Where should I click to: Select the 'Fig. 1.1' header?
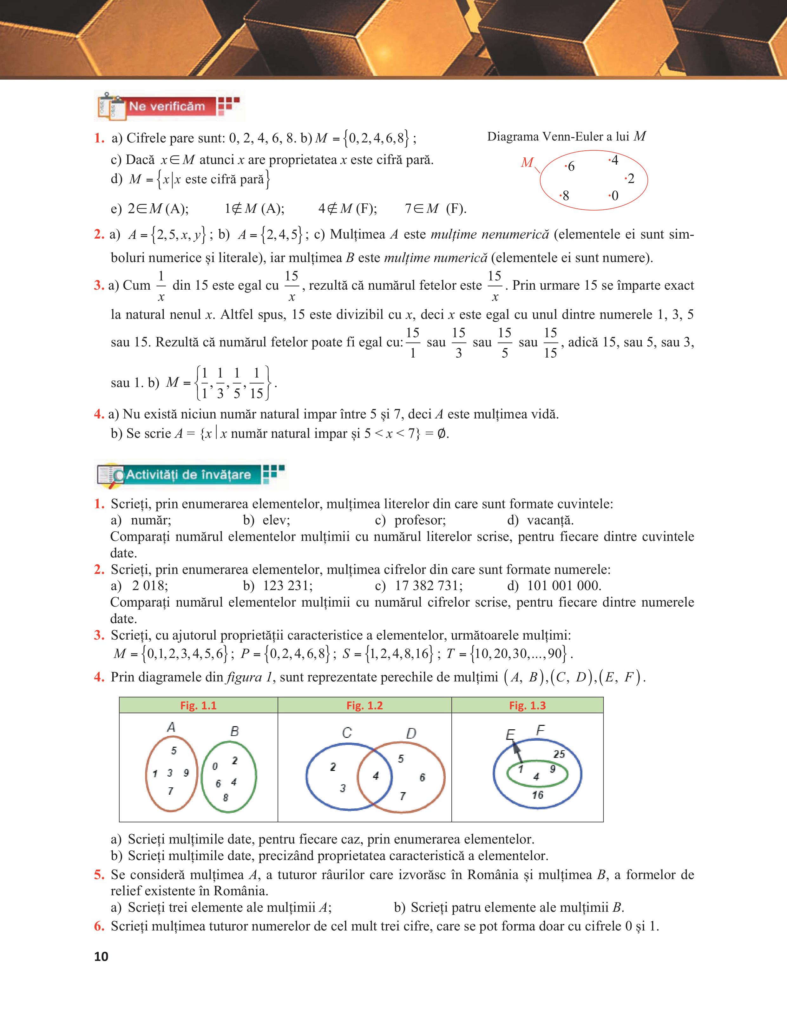pos(198,705)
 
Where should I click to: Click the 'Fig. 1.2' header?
pos(364,705)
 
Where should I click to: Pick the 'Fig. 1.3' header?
pos(527,705)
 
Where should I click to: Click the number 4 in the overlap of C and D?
pos(376,776)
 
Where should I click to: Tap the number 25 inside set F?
pos(559,754)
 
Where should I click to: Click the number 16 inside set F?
pos(537,795)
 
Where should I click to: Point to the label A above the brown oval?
pos(171,727)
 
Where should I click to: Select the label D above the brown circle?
pos(411,733)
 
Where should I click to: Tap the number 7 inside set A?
pos(170,791)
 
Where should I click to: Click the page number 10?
pos(101,956)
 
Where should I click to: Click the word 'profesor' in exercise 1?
pos(420,520)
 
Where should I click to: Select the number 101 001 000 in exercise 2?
pos(564,586)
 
